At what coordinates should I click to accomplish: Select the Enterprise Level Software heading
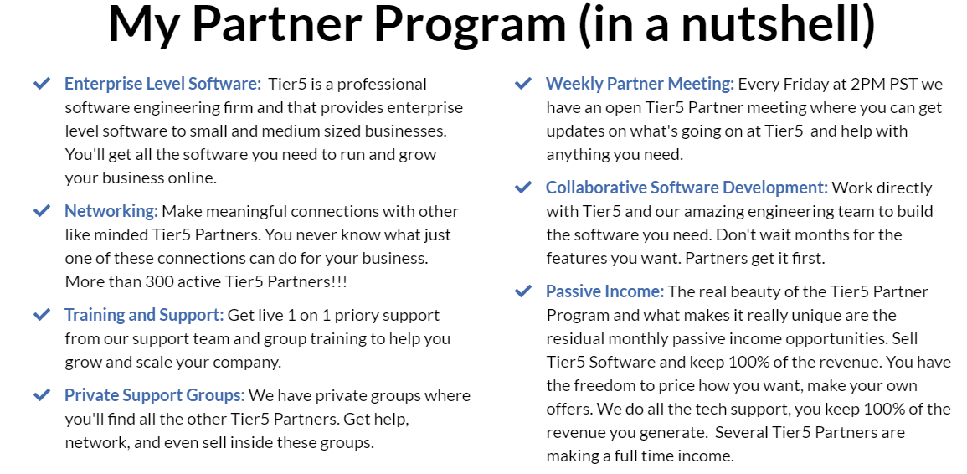tap(162, 84)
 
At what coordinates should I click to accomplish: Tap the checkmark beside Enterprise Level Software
tap(42, 83)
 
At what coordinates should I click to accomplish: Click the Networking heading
tap(111, 212)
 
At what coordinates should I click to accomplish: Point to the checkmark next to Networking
tap(42, 211)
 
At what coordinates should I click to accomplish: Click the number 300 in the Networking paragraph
tap(159, 282)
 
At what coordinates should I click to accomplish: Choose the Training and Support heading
tap(144, 316)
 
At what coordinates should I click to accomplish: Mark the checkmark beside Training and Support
tap(42, 315)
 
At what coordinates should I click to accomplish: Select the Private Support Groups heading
tap(155, 395)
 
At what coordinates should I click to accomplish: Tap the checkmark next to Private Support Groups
tap(42, 395)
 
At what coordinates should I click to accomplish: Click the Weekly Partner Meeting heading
tap(640, 84)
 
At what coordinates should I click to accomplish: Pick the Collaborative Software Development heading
tap(687, 188)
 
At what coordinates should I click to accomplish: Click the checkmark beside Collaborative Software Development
tap(523, 187)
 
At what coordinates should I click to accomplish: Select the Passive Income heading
tap(605, 291)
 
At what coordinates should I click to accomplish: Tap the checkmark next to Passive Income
tap(523, 291)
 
